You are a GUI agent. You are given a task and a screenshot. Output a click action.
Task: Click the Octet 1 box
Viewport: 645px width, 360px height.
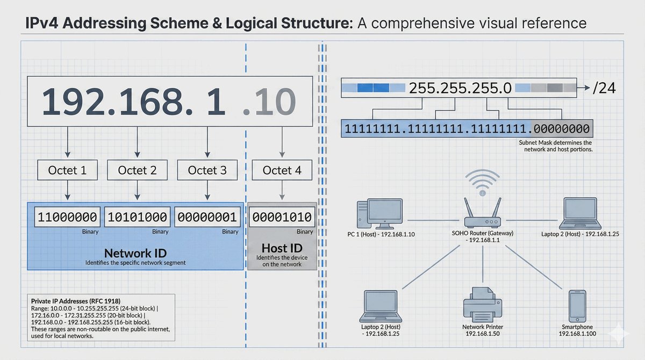coord(67,170)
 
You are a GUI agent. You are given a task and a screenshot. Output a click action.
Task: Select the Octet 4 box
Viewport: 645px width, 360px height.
coord(282,170)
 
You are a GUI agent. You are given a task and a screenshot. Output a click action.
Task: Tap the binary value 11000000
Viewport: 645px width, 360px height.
coord(67,217)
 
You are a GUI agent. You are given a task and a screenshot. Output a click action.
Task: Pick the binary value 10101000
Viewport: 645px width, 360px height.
coord(137,217)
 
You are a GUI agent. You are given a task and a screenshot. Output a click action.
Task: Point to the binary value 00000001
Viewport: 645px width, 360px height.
coord(207,217)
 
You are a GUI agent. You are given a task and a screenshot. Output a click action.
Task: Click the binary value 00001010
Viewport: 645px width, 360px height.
coord(282,217)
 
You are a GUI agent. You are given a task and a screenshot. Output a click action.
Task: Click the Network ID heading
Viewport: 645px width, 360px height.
coord(135,253)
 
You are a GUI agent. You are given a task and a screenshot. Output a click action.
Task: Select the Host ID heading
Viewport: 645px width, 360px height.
coord(282,248)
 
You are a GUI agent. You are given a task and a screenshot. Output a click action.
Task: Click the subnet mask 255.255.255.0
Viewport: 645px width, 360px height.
coord(460,88)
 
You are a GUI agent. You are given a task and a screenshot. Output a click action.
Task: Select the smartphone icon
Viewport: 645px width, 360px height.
coord(577,305)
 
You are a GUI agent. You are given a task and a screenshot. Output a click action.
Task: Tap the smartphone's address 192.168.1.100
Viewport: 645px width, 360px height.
coord(577,334)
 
